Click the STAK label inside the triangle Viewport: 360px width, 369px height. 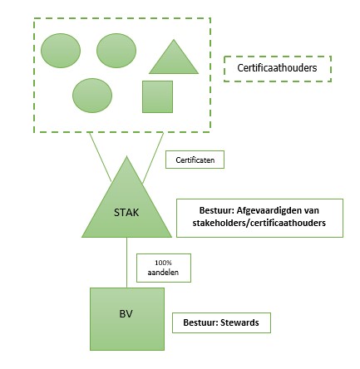click(x=126, y=213)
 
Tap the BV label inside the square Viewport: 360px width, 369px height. click(x=126, y=314)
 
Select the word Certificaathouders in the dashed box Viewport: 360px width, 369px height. click(x=277, y=68)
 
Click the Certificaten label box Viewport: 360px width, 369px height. click(x=195, y=160)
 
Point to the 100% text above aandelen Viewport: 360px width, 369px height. click(x=163, y=263)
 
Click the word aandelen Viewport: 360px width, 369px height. click(x=163, y=273)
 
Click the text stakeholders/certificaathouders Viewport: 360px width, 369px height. click(x=259, y=223)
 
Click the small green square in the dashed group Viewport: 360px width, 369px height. click(x=157, y=96)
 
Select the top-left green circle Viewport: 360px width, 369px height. click(x=61, y=51)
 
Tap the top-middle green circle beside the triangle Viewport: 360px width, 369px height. click(x=116, y=51)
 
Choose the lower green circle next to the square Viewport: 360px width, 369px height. click(x=92, y=96)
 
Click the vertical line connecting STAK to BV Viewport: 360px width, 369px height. click(x=126, y=263)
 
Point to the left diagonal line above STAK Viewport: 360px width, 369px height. click(x=100, y=157)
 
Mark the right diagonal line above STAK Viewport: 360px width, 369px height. click(x=153, y=158)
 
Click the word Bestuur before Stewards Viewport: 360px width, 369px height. click(x=200, y=322)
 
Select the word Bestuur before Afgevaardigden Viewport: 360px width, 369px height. click(x=216, y=210)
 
